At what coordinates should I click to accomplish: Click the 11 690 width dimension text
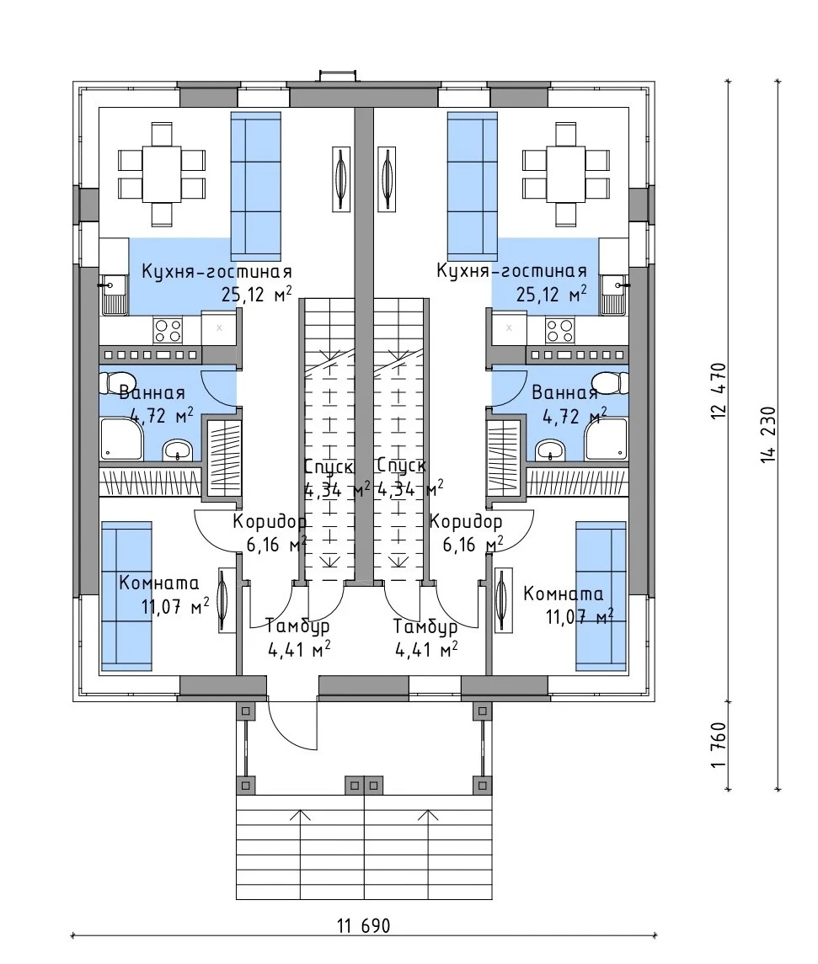click(x=363, y=925)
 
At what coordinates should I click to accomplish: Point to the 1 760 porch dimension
click(x=719, y=744)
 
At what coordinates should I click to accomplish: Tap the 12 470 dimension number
click(x=719, y=391)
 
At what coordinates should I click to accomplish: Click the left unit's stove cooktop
click(x=168, y=329)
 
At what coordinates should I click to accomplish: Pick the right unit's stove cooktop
click(x=559, y=329)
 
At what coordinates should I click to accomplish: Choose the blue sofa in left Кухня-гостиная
click(x=256, y=186)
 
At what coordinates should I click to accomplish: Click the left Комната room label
click(x=158, y=583)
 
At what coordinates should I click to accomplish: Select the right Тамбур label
click(x=425, y=627)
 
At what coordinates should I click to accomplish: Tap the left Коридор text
click(x=270, y=522)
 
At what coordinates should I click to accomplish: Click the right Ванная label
click(x=564, y=393)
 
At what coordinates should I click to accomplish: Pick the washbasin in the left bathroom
click(x=179, y=450)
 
